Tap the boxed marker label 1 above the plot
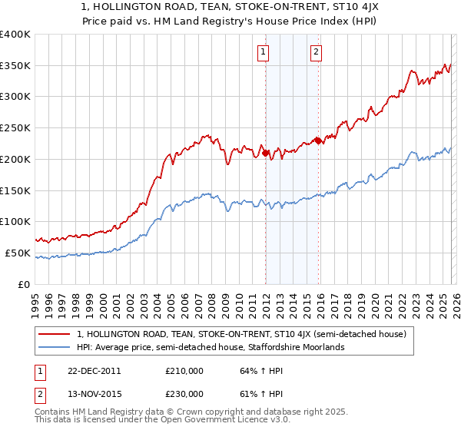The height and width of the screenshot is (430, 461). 263,52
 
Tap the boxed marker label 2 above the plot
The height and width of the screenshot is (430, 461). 316,52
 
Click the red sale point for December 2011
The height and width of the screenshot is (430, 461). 266,153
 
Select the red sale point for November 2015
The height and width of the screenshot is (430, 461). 318,141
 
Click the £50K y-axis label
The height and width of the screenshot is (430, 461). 18,253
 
